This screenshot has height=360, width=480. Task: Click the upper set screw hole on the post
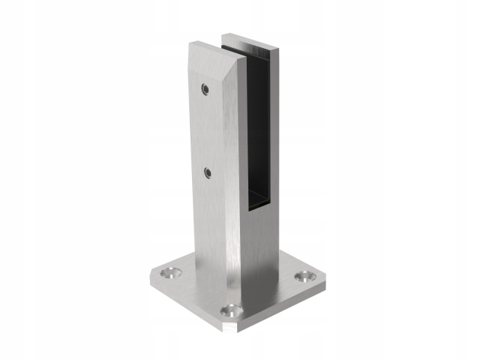[204, 90]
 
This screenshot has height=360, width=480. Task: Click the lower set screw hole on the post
[208, 173]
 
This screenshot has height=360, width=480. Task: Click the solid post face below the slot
[262, 240]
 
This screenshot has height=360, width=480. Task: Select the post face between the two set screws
[206, 131]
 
